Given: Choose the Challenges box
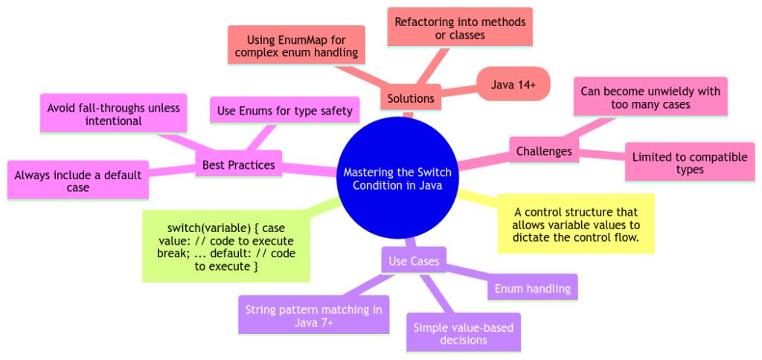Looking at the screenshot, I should (544, 151).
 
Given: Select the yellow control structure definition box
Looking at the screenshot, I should (576, 224).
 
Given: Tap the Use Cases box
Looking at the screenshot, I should (414, 261).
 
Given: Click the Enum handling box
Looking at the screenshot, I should (531, 288).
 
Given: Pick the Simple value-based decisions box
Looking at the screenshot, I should (463, 332).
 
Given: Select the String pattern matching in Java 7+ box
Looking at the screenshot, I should (313, 315).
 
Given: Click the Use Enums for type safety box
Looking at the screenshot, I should (285, 112).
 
